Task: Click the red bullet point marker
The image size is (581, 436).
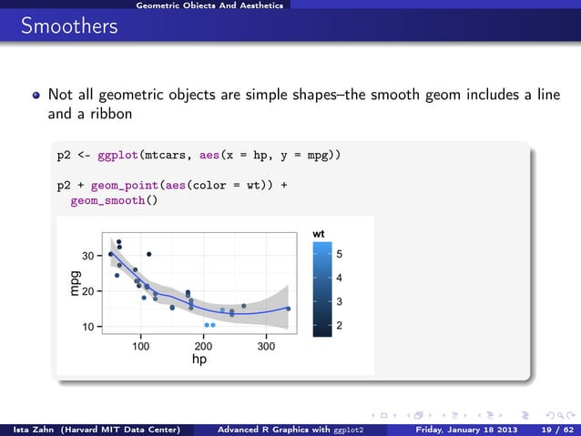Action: (36, 95)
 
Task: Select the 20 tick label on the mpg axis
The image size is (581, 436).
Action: (88, 291)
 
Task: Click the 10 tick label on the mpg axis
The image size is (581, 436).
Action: (88, 326)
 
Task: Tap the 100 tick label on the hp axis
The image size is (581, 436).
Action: (141, 346)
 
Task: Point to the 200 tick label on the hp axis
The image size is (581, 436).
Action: (203, 346)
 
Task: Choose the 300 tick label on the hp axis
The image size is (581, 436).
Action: (266, 346)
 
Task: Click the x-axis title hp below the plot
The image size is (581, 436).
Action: (199, 360)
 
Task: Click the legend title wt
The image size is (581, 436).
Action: (319, 235)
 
